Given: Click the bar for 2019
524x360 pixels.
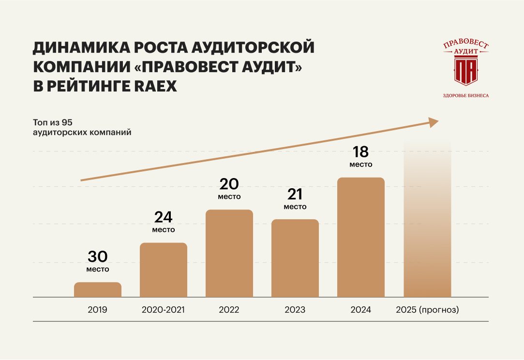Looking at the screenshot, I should [98, 289].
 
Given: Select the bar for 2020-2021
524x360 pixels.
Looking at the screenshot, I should [164, 270].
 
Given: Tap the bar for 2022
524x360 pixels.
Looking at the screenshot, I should [229, 253].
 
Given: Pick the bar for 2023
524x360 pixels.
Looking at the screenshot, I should [295, 258].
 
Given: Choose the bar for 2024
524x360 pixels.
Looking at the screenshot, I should [361, 237].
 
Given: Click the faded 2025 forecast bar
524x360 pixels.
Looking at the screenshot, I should [427, 232].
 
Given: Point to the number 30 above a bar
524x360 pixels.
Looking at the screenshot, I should [98, 256].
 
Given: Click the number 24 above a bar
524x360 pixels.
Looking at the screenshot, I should [164, 217].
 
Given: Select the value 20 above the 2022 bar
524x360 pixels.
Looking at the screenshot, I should [229, 184].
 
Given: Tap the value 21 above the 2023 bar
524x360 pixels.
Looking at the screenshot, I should [295, 194].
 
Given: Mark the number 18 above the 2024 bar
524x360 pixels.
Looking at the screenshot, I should [361, 152].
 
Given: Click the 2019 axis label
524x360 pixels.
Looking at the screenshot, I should [98, 310].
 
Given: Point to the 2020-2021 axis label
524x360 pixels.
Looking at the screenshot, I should [164, 310].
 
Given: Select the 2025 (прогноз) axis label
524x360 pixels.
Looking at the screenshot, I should [427, 310].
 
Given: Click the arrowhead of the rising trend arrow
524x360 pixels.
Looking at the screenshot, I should [433, 122].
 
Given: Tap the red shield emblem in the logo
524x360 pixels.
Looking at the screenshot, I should [465, 70].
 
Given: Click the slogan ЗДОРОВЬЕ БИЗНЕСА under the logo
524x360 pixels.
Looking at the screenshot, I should [465, 95].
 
